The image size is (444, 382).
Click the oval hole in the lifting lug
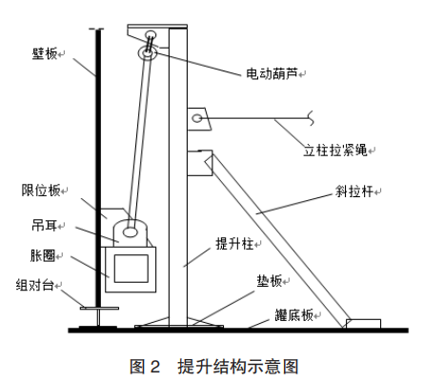pos(131,230)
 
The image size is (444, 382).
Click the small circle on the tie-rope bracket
pos(197,118)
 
